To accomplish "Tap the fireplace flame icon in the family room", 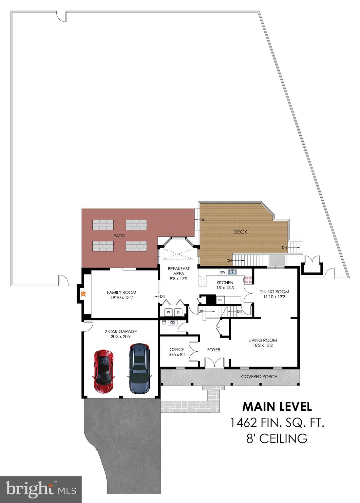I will click(x=83, y=294).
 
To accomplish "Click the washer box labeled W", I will click(x=168, y=312).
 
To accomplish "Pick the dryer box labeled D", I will click(x=179, y=312).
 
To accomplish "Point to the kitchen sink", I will click(x=232, y=272).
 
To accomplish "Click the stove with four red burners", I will click(x=248, y=280).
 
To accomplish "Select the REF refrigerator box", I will click(x=220, y=300).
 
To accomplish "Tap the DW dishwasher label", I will click(x=222, y=272).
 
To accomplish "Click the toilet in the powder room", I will click(x=164, y=323).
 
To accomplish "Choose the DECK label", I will click(x=240, y=232).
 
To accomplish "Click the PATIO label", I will click(x=119, y=236).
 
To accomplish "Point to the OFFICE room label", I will click(x=177, y=349).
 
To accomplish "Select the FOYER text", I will click(x=214, y=350).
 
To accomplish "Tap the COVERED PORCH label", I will click(x=259, y=377).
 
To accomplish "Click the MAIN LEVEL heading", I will click(x=277, y=407).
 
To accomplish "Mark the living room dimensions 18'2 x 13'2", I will click(x=262, y=345).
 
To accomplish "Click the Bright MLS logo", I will click(x=41, y=490).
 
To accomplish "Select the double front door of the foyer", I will click(x=215, y=363).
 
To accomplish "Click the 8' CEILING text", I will click(x=277, y=438).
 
